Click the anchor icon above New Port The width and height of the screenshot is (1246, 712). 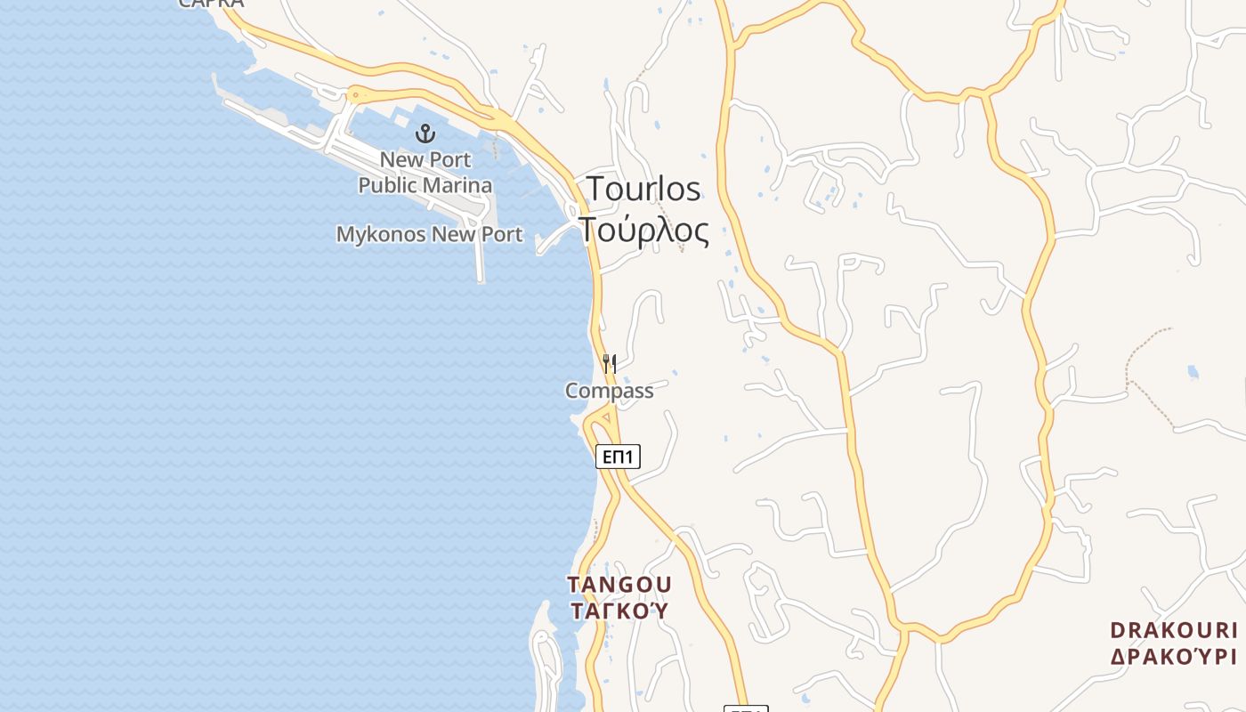pos(425,134)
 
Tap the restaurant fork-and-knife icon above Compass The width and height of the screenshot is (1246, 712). pos(610,363)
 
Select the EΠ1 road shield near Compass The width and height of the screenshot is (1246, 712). pos(618,457)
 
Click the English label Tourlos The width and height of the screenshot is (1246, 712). pos(643,190)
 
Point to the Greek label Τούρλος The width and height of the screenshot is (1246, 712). pos(645,230)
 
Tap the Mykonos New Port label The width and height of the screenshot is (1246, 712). pos(429,235)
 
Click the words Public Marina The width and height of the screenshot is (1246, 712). pos(425,185)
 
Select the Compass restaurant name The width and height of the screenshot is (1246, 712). pos(610,391)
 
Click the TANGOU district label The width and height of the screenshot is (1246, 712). pos(619,585)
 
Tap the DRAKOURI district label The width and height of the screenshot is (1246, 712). pos(1174,631)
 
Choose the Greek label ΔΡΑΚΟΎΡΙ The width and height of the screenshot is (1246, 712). pos(1174,657)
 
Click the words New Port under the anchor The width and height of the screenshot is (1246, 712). pos(425,160)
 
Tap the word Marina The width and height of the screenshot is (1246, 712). pos(458,185)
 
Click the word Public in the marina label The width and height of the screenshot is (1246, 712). pos(388,185)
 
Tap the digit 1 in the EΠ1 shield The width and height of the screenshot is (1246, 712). pos(628,457)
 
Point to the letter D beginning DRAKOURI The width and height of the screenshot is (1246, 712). pos(1119,631)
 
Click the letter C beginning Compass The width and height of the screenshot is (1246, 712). pos(572,391)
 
